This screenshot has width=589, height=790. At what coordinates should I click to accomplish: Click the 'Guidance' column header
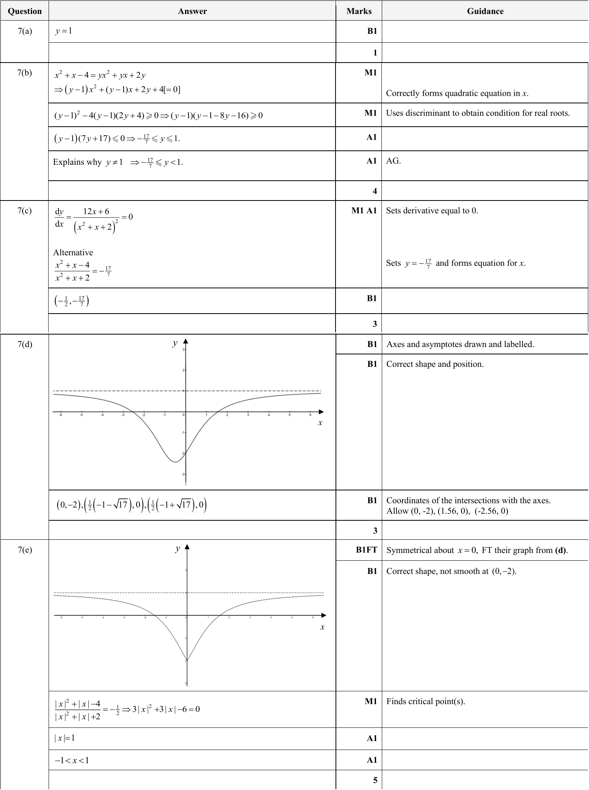[x=485, y=11]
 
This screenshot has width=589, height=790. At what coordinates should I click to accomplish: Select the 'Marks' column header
[x=358, y=11]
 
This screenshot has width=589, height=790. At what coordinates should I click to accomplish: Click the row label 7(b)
[x=24, y=73]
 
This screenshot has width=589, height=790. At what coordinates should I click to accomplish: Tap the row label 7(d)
[x=24, y=344]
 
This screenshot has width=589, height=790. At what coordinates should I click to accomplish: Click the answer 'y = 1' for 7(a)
[x=63, y=31]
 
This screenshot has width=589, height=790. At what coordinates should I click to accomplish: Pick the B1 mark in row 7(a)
[x=372, y=31]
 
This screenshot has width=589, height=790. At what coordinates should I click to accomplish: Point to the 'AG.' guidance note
[x=393, y=161]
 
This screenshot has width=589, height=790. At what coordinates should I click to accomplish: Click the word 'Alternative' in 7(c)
[x=73, y=253]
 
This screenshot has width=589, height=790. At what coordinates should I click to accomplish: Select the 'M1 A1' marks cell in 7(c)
[x=364, y=211]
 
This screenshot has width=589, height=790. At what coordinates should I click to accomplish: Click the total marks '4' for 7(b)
[x=374, y=191]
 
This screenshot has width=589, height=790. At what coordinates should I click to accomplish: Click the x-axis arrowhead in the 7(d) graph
[x=321, y=412]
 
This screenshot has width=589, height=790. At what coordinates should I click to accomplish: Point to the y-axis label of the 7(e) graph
[x=178, y=548]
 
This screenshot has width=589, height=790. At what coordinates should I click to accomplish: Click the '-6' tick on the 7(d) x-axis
[x=61, y=415]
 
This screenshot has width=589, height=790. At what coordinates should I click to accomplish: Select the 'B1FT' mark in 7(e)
[x=366, y=550]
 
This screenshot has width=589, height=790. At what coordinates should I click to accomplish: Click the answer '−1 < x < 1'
[x=72, y=760]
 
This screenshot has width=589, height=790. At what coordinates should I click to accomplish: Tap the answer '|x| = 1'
[x=65, y=738]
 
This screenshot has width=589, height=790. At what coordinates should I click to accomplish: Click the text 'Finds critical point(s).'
[x=425, y=701]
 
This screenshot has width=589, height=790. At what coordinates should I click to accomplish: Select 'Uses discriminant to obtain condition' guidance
[x=477, y=113]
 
